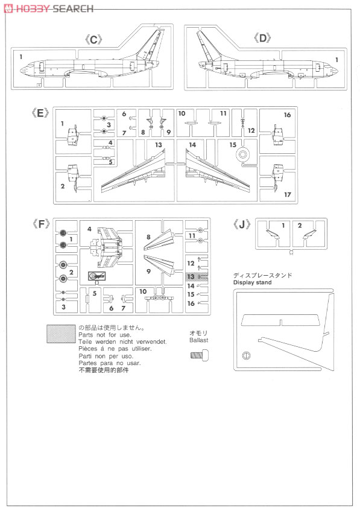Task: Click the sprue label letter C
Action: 93,40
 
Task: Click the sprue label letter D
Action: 262,39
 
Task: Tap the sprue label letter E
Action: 40,113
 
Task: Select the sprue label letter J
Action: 242,224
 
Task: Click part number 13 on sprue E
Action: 159,145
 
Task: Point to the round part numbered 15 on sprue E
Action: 243,154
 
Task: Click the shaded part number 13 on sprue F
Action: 191,277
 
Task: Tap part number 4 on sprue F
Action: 89,229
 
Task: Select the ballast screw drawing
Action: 199,355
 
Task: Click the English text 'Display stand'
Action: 252,282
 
